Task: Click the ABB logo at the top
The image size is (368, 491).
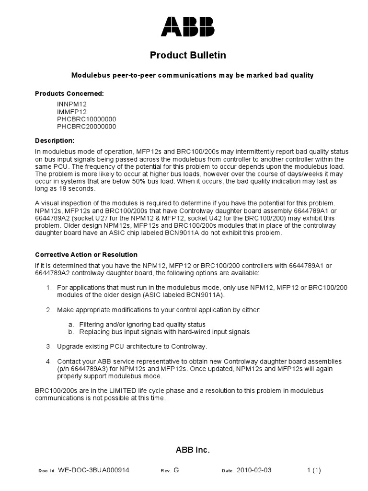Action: coord(188,27)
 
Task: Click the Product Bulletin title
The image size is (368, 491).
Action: coord(188,56)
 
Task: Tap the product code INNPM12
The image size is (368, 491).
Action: coord(72,104)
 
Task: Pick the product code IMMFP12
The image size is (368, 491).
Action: coord(72,111)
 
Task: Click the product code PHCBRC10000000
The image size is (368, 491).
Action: coord(86,119)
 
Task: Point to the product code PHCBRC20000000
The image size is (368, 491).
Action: coord(86,127)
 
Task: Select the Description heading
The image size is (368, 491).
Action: coord(55,140)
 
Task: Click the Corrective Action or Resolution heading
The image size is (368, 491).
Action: coord(86,255)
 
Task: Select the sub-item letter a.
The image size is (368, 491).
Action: coord(70,325)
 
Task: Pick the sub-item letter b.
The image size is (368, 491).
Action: coord(70,332)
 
